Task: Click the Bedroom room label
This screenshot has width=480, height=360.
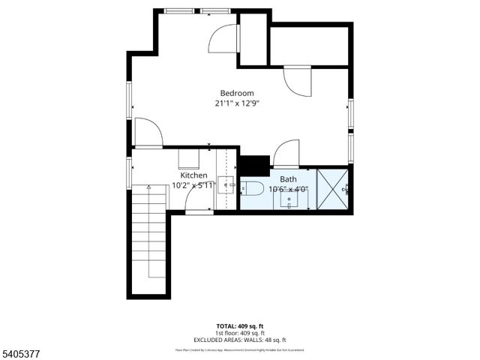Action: coord(236,93)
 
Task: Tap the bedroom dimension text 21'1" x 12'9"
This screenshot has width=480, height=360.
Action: coord(236,104)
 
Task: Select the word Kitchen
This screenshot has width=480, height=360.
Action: coord(193,175)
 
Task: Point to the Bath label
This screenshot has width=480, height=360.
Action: coord(288,180)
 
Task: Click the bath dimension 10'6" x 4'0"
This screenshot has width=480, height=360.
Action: coord(288,190)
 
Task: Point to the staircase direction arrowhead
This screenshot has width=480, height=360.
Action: coord(148,187)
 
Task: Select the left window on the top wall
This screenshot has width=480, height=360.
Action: coord(178,10)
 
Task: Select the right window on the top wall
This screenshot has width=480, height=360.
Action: coord(214,10)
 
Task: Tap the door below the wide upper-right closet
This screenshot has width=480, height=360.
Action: coord(297,82)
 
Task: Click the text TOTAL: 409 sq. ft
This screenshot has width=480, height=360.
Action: coord(239,326)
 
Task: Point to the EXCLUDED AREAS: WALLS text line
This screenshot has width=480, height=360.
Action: coord(239,340)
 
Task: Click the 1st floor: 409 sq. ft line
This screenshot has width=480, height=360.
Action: coord(239,333)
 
